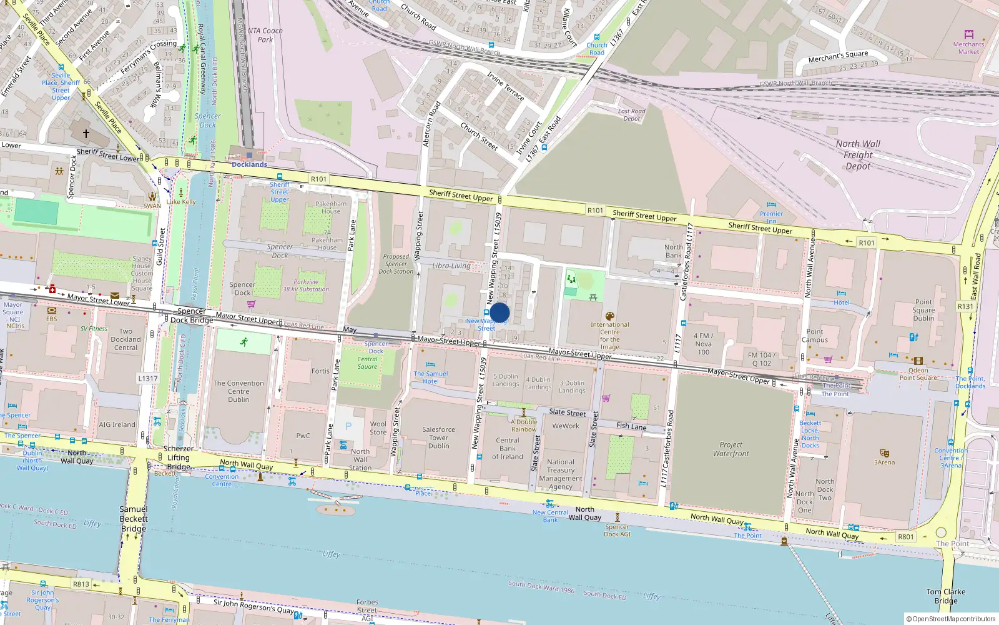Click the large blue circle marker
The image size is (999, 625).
(x=499, y=312)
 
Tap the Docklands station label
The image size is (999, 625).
(x=249, y=164)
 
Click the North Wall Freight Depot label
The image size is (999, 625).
(x=858, y=155)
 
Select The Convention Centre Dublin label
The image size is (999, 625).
(x=239, y=391)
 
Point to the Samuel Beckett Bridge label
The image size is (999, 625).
(x=134, y=519)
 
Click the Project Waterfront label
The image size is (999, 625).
(x=731, y=449)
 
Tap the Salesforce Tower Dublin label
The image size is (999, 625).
(x=438, y=437)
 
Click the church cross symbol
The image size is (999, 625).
(x=86, y=133)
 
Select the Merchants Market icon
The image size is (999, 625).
(x=968, y=34)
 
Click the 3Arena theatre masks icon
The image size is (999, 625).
(x=884, y=452)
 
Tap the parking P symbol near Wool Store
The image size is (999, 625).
(x=348, y=426)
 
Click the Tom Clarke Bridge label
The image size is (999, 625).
(x=945, y=596)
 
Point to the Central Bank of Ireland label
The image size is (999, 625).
(x=508, y=448)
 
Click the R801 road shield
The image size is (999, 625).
(x=905, y=537)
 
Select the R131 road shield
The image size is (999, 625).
(x=965, y=306)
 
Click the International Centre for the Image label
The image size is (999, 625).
(x=610, y=336)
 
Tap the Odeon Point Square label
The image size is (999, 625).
(x=918, y=374)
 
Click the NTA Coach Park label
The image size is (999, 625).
(x=265, y=35)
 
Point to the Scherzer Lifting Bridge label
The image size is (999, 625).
(x=179, y=457)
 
